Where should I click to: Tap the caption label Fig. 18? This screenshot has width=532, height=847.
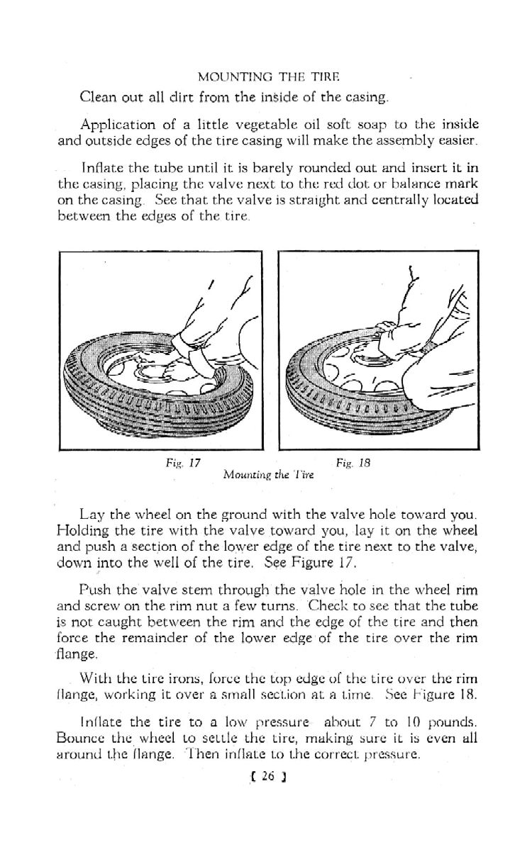349,461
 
